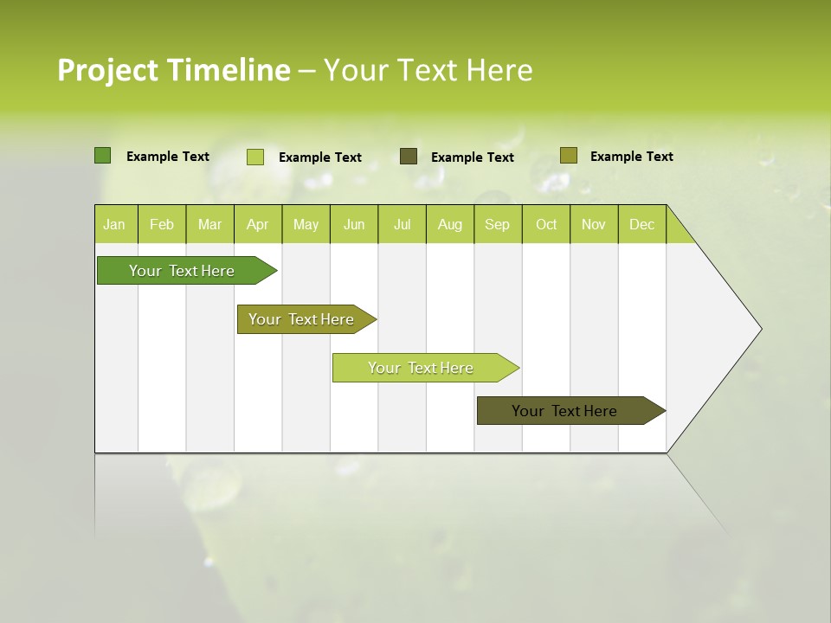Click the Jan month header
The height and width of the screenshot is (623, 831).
(x=115, y=224)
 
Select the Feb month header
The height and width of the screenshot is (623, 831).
(x=162, y=224)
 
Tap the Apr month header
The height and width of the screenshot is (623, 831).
(x=258, y=224)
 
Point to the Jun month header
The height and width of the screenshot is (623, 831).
(x=354, y=224)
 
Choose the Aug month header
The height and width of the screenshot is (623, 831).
(x=450, y=224)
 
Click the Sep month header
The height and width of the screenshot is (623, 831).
(x=498, y=224)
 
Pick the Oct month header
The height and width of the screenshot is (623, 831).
(x=546, y=224)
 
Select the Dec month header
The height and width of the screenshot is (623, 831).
(x=642, y=224)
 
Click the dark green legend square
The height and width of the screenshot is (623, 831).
(x=103, y=156)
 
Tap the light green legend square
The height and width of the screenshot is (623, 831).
(x=255, y=157)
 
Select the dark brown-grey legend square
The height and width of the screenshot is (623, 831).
(x=409, y=157)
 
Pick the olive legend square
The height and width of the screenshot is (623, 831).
(x=568, y=156)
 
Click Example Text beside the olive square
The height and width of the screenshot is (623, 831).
(x=631, y=157)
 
